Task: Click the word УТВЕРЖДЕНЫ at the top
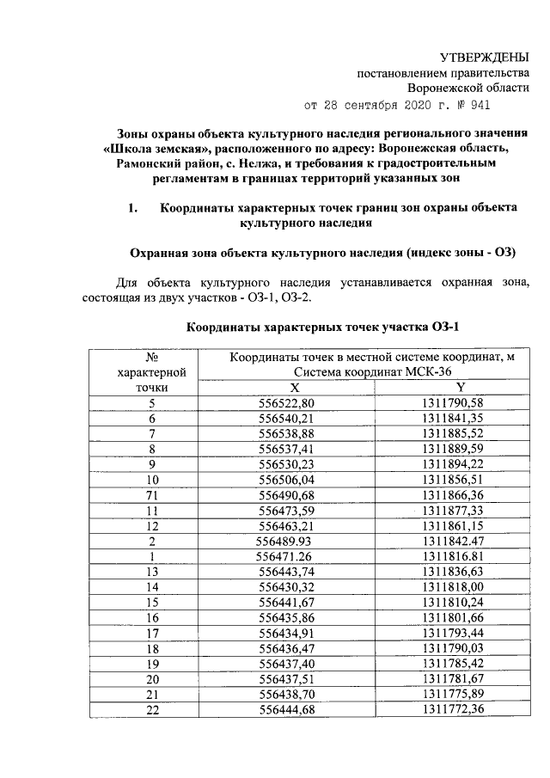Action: point(485,58)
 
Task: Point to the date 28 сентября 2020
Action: point(378,106)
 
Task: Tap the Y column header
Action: point(460,387)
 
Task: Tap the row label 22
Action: point(152,708)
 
